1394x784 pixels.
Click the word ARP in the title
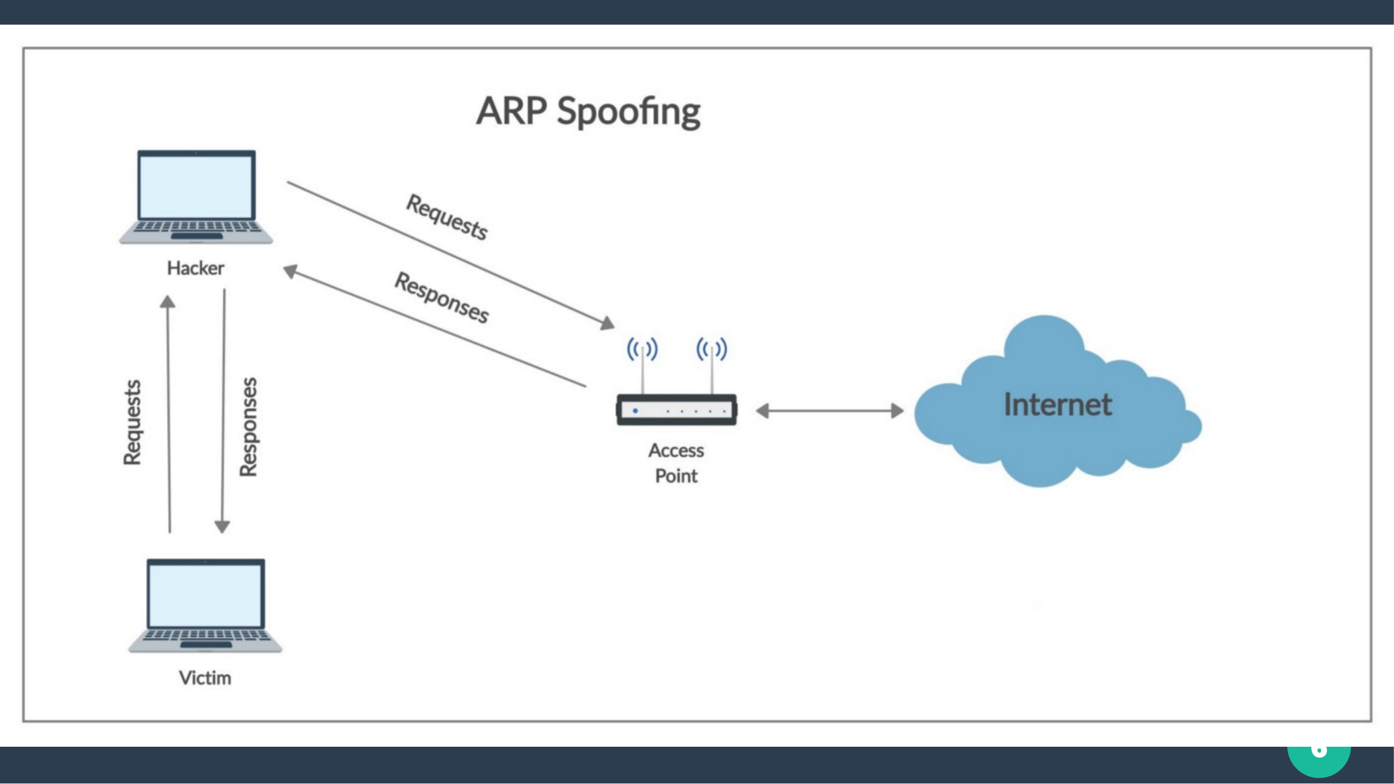[x=511, y=111]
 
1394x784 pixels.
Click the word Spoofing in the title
[x=628, y=112]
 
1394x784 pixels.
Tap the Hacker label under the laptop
[x=195, y=268]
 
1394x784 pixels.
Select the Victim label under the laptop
[x=205, y=678]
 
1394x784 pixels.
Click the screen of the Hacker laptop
[x=196, y=187]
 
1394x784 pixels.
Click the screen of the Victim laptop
[x=205, y=595]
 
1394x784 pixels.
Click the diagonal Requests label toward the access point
[x=447, y=217]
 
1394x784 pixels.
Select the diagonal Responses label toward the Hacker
[x=442, y=298]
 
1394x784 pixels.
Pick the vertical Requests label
[x=132, y=422]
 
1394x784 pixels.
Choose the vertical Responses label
[x=248, y=426]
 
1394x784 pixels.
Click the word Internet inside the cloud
[x=1057, y=405]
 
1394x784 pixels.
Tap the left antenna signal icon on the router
[x=642, y=349]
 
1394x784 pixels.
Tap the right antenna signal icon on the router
[x=711, y=349]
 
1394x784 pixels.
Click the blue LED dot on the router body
[x=635, y=411]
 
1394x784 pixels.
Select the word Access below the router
[x=676, y=450]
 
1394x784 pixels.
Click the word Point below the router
[x=676, y=476]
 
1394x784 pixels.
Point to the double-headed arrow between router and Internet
[x=829, y=411]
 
